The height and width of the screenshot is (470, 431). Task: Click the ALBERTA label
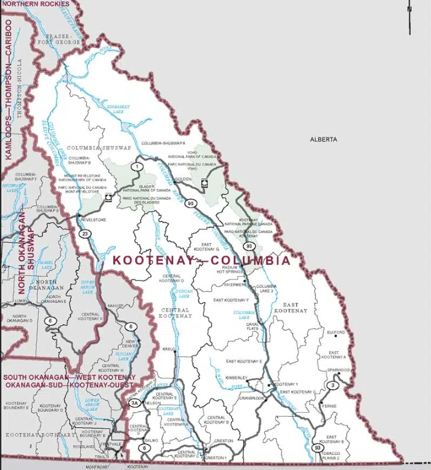click(x=324, y=139)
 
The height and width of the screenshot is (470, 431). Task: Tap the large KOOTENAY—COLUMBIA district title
click(x=201, y=261)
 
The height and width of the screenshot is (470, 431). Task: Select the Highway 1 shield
click(x=137, y=167)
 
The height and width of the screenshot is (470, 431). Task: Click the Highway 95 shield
click(x=190, y=203)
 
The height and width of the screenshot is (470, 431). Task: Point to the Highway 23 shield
click(x=87, y=234)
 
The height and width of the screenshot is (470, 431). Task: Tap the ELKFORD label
click(x=336, y=332)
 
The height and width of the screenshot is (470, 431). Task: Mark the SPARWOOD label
click(x=339, y=369)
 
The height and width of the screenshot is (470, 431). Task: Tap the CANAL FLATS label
click(x=252, y=326)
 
